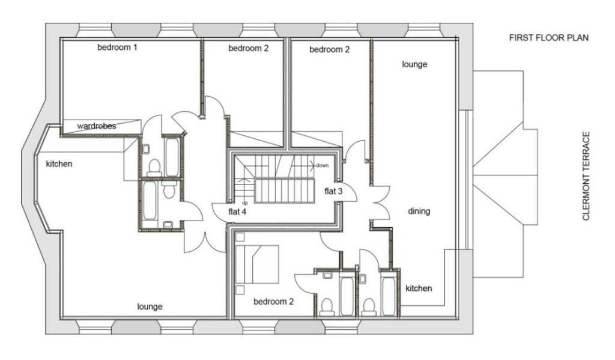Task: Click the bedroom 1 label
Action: point(117,47)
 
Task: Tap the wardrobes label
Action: point(97,126)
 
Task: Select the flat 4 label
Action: point(237,212)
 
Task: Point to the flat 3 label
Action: point(333,191)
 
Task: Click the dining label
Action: point(419,211)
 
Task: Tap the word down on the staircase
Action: point(322,165)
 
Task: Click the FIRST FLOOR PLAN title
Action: point(549,38)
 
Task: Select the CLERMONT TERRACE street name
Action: point(586,176)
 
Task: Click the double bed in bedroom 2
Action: point(257,264)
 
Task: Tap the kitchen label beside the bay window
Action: point(59,163)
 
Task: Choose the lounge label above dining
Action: point(414,64)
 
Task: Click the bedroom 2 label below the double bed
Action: point(273,302)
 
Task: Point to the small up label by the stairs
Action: point(245,203)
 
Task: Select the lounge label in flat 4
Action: point(150,307)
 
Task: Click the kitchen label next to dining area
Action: point(419,288)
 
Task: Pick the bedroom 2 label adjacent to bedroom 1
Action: point(249,48)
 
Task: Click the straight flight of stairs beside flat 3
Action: point(285,191)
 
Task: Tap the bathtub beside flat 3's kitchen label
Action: point(389,296)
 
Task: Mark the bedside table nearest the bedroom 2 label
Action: point(240,290)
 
